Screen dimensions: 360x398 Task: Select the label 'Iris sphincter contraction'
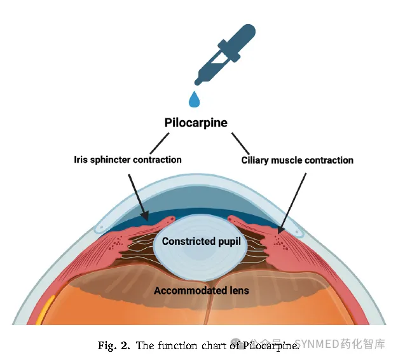coord(128,159)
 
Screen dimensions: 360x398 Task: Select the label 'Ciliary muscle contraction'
coord(297,160)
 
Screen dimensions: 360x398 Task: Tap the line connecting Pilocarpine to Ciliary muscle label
coord(240,142)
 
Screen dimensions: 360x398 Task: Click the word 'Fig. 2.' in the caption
coord(114,346)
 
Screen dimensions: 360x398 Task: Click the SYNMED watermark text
coord(331,345)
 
